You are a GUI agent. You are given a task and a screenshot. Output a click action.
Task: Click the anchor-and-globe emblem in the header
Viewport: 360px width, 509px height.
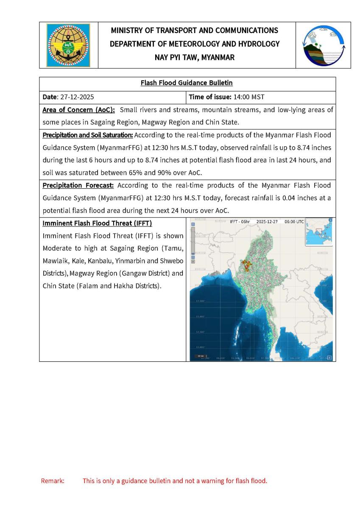pos(68,45)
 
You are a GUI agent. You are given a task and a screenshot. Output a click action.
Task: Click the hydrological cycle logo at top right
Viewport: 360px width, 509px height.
pos(324,45)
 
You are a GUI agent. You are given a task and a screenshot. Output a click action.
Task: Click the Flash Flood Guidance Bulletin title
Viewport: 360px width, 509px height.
pos(187,83)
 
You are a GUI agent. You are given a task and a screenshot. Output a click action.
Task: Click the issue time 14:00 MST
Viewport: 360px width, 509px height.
pos(249,97)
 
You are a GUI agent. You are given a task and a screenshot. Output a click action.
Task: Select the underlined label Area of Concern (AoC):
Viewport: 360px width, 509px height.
pos(79,110)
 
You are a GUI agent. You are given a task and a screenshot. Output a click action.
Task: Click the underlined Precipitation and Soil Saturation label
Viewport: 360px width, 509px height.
pos(88,135)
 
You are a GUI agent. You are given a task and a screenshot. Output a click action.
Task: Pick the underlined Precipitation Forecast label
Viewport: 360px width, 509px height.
pos(78,186)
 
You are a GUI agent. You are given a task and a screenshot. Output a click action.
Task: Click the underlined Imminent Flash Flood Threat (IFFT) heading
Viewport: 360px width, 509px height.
pos(97,224)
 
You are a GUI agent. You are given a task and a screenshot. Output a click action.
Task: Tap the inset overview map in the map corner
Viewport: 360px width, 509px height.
pos(318,232)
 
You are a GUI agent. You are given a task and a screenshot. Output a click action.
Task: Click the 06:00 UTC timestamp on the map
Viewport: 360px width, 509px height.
pos(294,222)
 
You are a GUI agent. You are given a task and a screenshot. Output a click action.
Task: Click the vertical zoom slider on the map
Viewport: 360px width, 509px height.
pos(193,242)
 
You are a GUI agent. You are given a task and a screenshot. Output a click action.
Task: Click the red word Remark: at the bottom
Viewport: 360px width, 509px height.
pos(53,481)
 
